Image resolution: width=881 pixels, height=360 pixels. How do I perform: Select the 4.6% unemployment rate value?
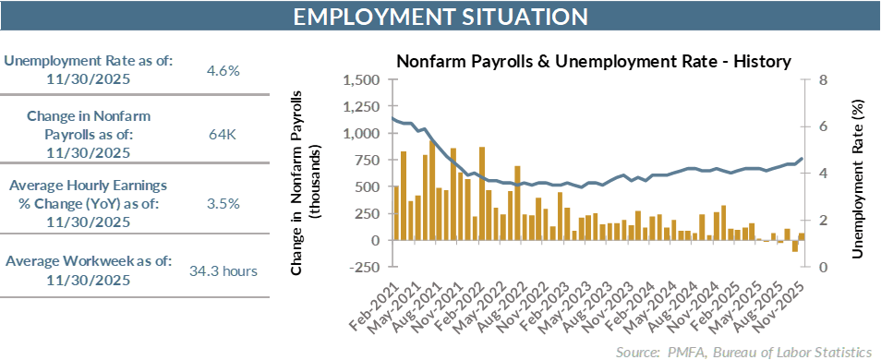point(223,70)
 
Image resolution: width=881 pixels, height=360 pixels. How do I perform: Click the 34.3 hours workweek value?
point(223,270)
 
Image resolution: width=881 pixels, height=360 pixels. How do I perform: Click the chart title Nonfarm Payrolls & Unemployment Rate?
point(593,62)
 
